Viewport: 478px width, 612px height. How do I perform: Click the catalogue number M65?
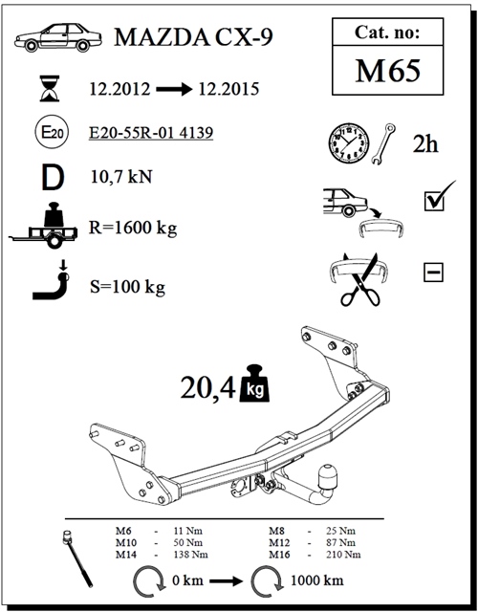point(388,71)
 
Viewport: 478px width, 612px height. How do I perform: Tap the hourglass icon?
point(50,89)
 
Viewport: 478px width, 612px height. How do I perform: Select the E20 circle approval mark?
point(52,132)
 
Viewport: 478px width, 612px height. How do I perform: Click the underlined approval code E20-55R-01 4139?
point(151,133)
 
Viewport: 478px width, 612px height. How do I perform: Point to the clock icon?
point(348,143)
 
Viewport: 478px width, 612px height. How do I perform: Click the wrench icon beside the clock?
point(383,143)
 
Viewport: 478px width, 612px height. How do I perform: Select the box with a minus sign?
point(433,272)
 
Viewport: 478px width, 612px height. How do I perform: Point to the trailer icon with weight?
point(44,226)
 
